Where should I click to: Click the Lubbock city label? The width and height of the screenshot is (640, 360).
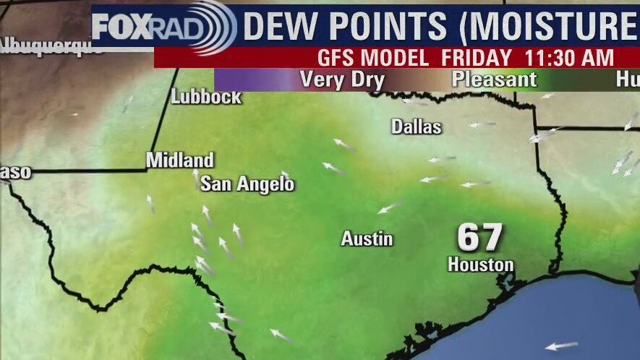click(x=206, y=97)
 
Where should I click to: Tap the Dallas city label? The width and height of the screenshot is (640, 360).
click(x=416, y=127)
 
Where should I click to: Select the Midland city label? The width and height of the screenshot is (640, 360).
click(x=180, y=160)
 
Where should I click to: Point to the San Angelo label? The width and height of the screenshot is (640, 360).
click(x=247, y=184)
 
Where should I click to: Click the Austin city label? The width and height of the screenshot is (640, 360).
click(x=367, y=239)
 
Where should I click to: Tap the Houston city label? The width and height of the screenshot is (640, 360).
click(x=480, y=265)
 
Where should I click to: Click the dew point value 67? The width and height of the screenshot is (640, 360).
click(x=480, y=238)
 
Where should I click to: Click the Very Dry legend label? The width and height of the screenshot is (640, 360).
click(x=341, y=80)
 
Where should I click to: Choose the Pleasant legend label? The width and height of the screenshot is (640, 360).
click(x=495, y=80)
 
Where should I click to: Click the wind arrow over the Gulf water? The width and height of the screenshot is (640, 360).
click(x=561, y=346)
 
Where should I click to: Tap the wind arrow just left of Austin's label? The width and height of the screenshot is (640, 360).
click(x=391, y=207)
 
